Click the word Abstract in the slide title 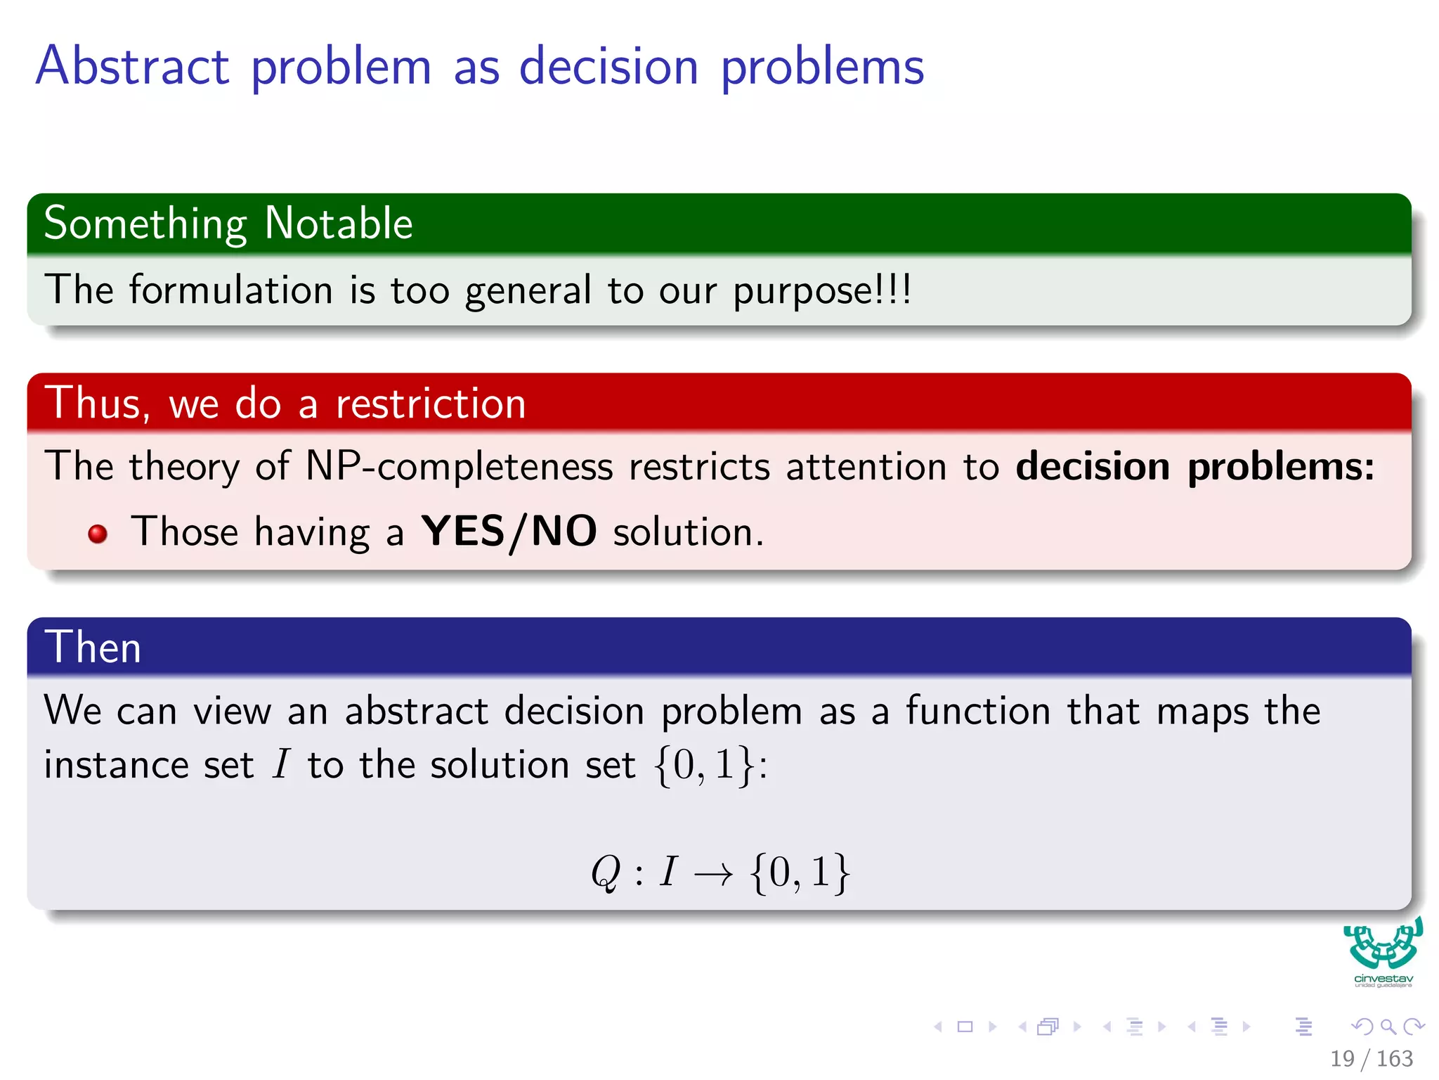pos(132,66)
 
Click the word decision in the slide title pos(608,66)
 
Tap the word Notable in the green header pos(339,224)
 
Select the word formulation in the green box pos(230,290)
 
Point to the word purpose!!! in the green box pos(822,291)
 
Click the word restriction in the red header pos(430,404)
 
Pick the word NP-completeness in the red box pos(460,467)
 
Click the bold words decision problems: pos(1194,467)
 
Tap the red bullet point pos(98,534)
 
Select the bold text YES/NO pos(509,532)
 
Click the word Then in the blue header pos(93,647)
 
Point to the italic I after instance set pos(281,764)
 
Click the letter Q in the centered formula pos(606,873)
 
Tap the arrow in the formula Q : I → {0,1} pos(712,874)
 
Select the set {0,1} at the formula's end pos(800,873)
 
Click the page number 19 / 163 pos(1371,1058)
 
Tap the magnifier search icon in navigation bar pos(1388,1027)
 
